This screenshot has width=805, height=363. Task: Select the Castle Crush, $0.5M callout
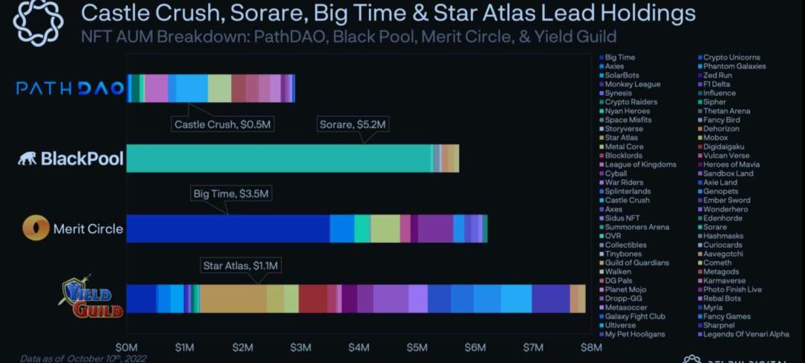(224, 124)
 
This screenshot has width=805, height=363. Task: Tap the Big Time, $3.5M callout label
(230, 194)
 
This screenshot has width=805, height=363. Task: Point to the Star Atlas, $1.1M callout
(242, 265)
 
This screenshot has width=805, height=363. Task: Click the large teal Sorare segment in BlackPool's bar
(280, 158)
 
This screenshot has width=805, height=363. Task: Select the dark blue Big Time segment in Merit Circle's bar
(228, 228)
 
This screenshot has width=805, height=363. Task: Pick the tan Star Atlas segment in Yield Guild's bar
(233, 298)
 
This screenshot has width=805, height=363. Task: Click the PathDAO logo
(70, 88)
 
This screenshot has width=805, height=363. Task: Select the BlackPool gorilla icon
(28, 159)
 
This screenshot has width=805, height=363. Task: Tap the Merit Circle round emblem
(36, 228)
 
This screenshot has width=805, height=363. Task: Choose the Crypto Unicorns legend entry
(731, 57)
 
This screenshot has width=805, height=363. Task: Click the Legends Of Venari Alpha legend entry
(746, 334)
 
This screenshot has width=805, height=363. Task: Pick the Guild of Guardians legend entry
(637, 262)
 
